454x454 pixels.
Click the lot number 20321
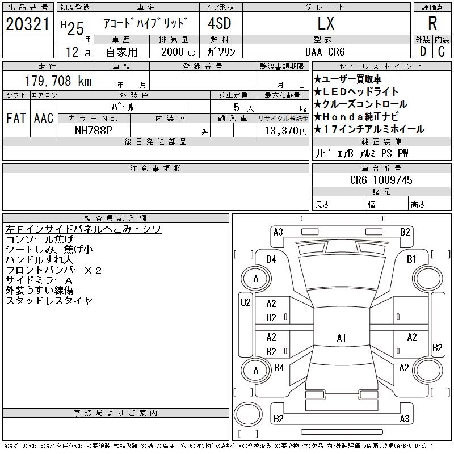[x=27, y=24]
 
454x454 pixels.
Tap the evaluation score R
[x=432, y=24]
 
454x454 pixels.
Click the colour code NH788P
[x=94, y=130]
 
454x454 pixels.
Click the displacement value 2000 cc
[x=174, y=52]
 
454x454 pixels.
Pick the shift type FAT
[x=16, y=118]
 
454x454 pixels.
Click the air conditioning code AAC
[x=44, y=118]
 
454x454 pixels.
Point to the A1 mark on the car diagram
[x=341, y=338]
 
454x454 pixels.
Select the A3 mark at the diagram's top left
[x=278, y=232]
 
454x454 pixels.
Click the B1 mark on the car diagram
[x=412, y=259]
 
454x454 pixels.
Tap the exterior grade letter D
[x=423, y=52]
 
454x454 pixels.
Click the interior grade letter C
[x=441, y=52]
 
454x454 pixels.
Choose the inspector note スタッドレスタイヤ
[x=49, y=301]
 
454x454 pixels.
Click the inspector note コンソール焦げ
[x=40, y=239]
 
